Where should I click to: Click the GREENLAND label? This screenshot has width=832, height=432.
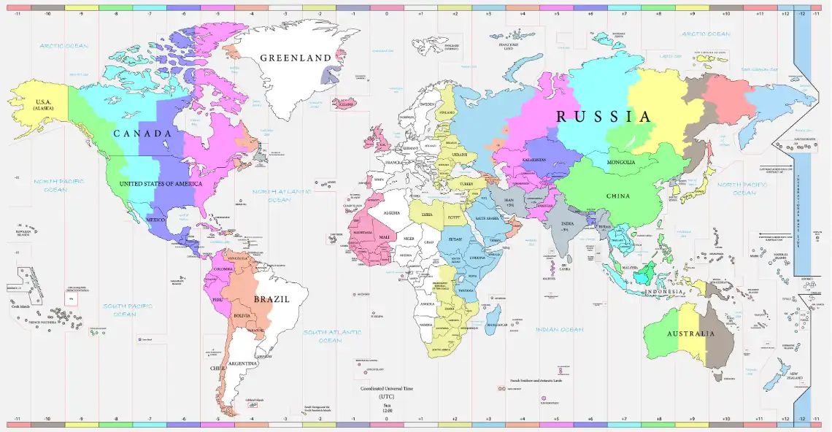point(296,58)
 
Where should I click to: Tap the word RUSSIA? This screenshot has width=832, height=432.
point(603,116)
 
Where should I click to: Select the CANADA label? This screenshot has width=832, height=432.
point(142,134)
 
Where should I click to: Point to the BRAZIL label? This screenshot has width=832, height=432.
point(271,299)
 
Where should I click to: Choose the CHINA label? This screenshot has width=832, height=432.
point(617,196)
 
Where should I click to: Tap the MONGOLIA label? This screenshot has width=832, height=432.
point(620,162)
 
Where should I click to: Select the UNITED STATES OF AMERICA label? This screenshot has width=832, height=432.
point(160,184)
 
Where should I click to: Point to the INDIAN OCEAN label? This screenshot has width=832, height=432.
point(560,330)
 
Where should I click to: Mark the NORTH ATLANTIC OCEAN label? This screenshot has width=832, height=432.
point(278,195)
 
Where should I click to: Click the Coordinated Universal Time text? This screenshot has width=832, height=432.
point(387,389)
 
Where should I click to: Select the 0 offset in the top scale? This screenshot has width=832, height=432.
point(387,14)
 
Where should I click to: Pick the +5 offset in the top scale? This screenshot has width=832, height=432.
point(557,14)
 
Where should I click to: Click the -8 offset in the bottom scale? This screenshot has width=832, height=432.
point(115,420)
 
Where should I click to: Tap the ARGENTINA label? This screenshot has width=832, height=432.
point(242,363)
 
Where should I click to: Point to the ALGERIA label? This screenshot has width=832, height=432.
point(392,212)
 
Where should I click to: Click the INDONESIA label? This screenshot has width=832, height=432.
point(663,292)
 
